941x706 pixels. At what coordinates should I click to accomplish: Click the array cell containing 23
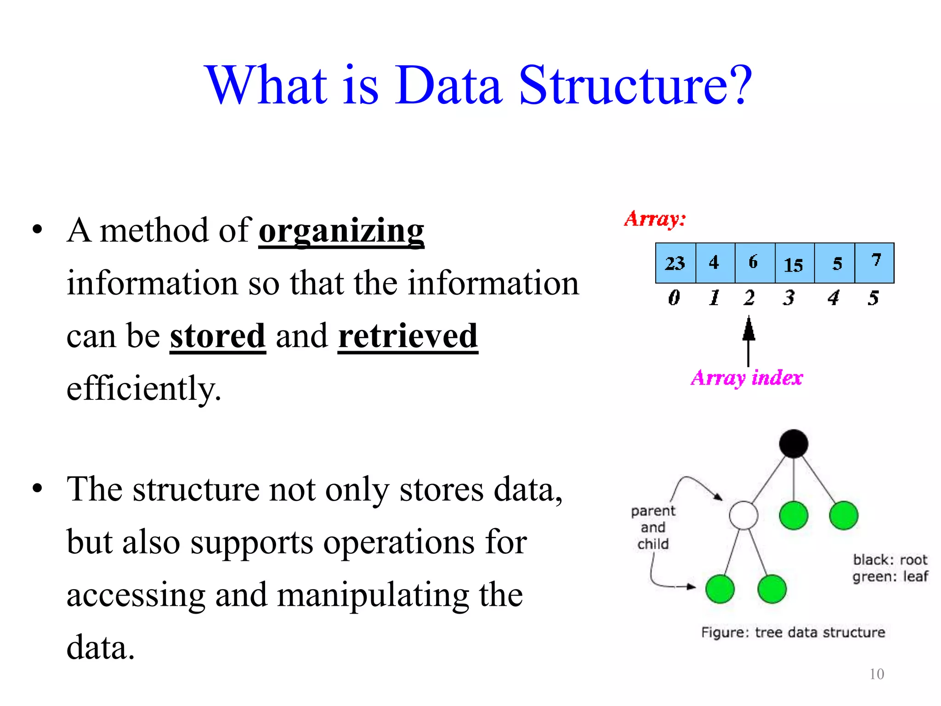[x=675, y=263]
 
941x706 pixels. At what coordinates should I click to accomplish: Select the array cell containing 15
[x=794, y=263]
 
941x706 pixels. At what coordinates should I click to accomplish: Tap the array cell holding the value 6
[x=754, y=263]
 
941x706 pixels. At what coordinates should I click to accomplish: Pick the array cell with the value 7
[x=875, y=263]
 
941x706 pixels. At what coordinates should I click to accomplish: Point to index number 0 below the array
[x=674, y=298]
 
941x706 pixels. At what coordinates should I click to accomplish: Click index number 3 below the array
[x=789, y=298]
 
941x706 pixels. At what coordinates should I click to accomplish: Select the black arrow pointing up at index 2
[x=748, y=340]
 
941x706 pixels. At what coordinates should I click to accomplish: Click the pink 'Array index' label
[x=747, y=378]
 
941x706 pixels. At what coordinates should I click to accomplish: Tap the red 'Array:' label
[x=655, y=219]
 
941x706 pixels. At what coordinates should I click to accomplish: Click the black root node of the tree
[x=794, y=444]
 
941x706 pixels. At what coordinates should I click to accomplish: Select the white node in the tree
[x=743, y=516]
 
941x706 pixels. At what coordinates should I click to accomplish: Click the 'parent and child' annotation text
[x=653, y=527]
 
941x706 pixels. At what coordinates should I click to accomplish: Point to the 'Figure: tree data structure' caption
[x=793, y=632]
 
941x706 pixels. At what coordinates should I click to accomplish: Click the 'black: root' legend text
[x=890, y=560]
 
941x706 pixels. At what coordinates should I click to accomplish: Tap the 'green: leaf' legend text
[x=890, y=576]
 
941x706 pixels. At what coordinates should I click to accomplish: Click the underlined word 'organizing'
[x=341, y=231]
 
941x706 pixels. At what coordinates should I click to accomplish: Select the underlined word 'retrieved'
[x=408, y=336]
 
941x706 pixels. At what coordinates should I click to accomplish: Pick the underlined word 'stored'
[x=218, y=336]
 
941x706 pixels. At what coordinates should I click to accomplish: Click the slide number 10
[x=877, y=674]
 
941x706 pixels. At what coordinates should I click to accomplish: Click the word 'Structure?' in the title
[x=635, y=85]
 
